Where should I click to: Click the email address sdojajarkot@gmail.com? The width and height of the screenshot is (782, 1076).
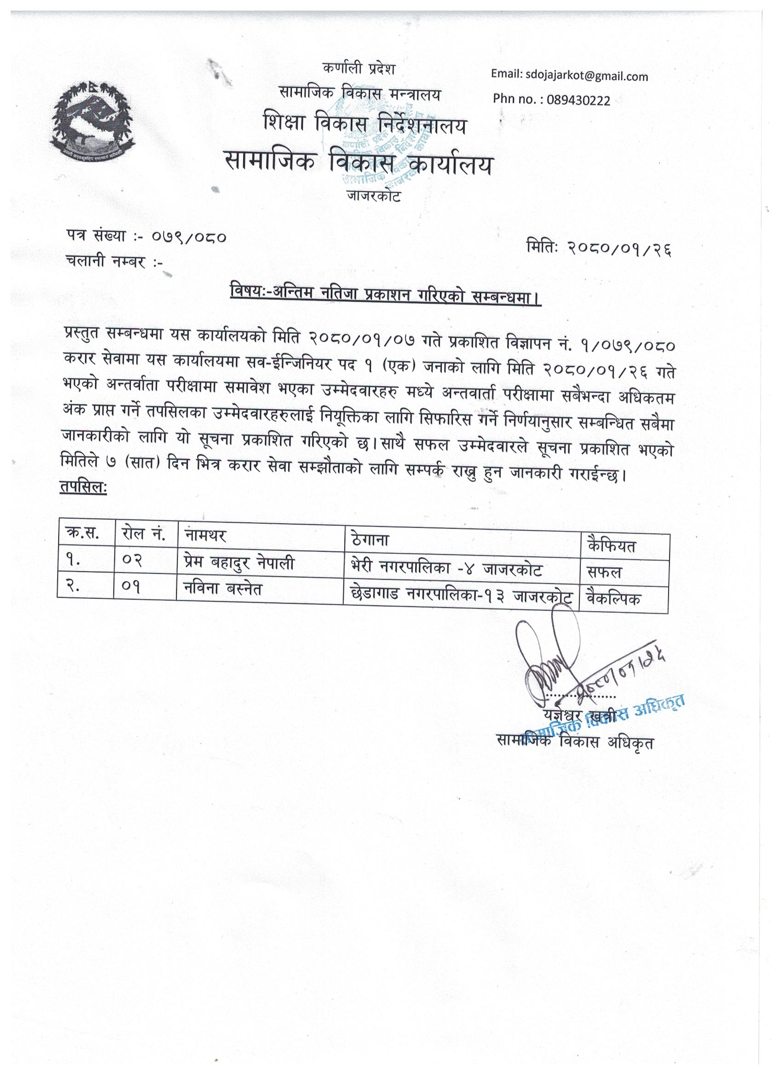[x=569, y=76]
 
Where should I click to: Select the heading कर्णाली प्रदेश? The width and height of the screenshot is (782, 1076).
[x=358, y=70]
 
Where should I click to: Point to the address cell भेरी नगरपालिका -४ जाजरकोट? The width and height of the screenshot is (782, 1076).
[x=444, y=569]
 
